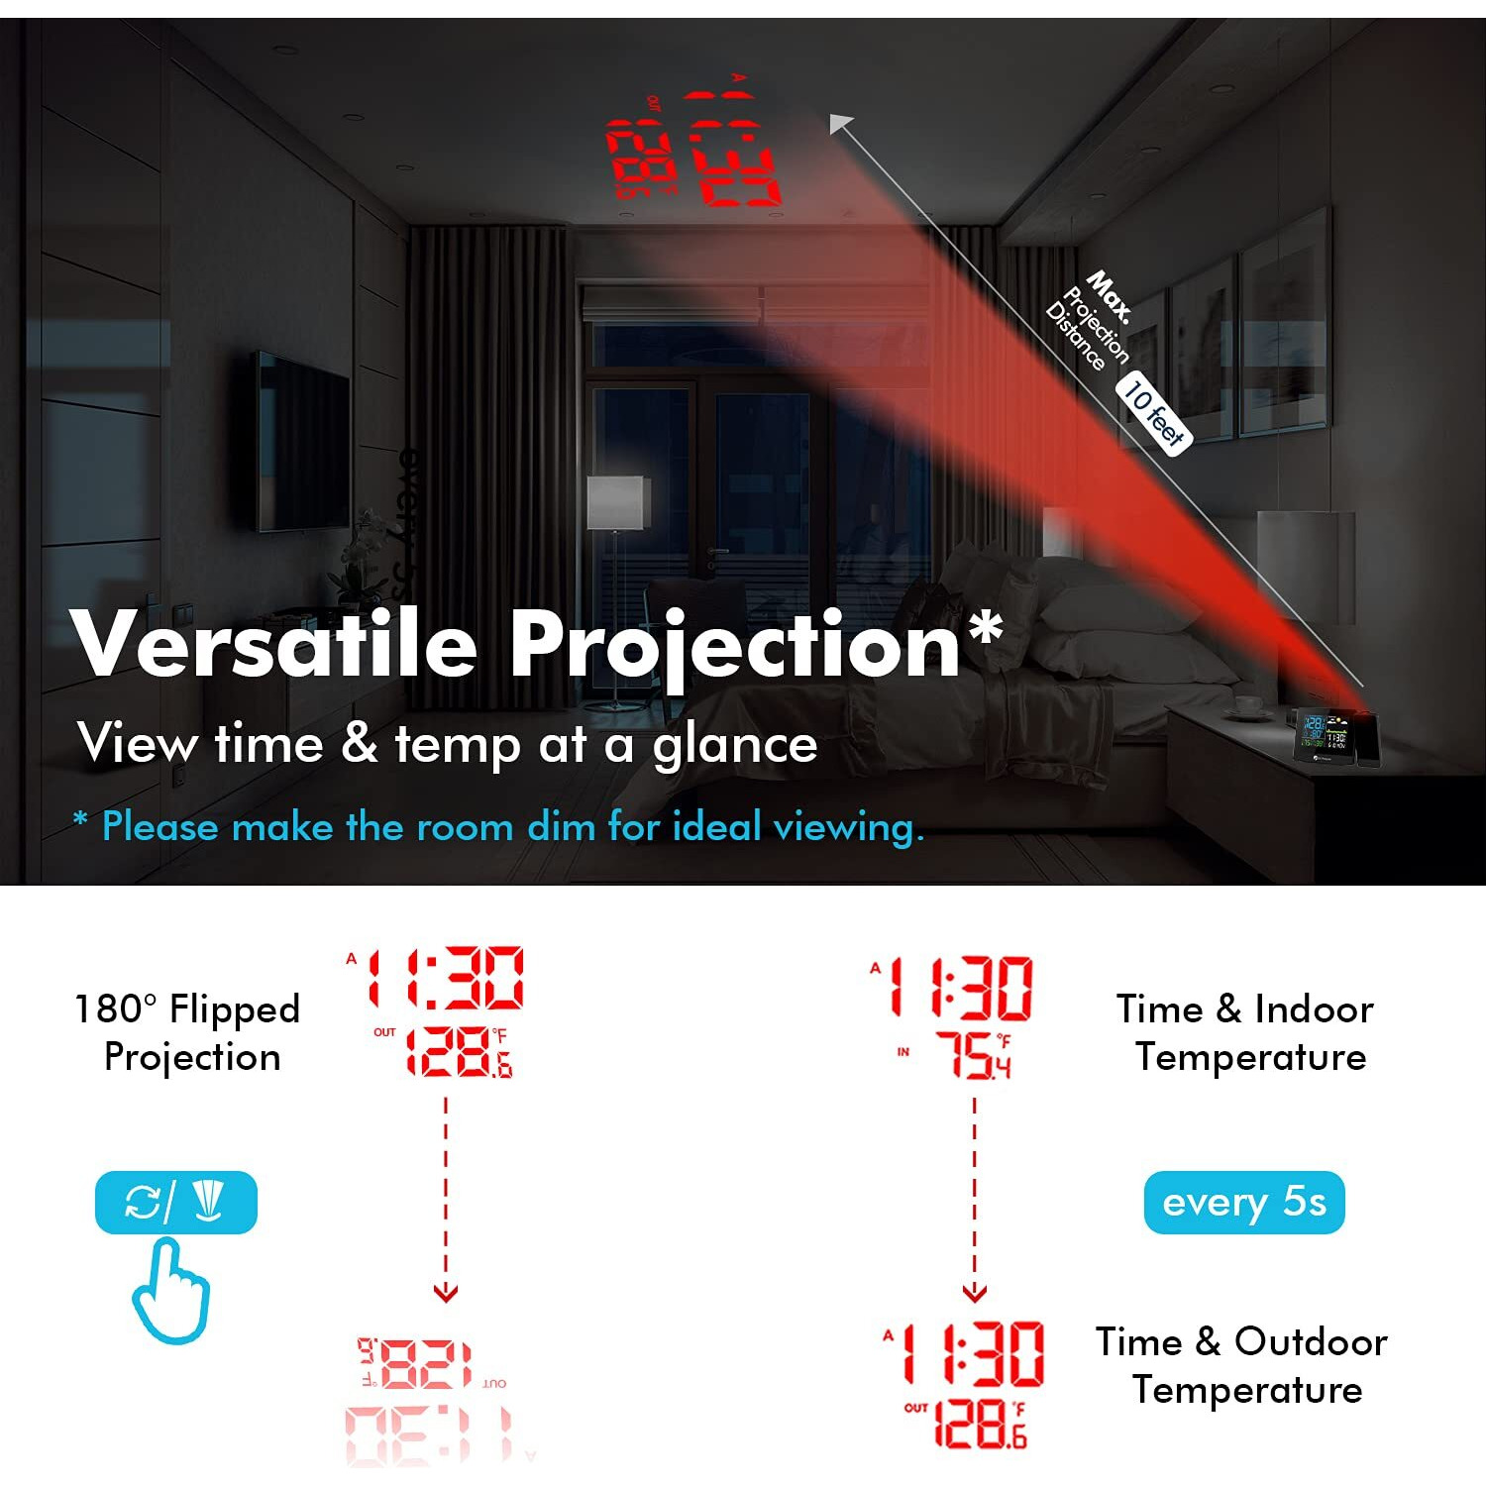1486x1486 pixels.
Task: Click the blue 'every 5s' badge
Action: click(1243, 1203)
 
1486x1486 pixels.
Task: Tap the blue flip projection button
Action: click(176, 1203)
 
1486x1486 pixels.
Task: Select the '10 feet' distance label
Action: click(1154, 413)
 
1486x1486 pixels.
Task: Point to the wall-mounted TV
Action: click(303, 441)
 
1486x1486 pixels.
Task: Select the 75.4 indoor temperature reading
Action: click(974, 1055)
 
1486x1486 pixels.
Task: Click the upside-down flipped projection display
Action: click(436, 1397)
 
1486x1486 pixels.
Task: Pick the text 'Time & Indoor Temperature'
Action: click(1246, 1032)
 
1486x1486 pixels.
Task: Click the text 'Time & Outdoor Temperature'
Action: click(1242, 1365)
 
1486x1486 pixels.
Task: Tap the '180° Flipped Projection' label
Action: click(188, 1032)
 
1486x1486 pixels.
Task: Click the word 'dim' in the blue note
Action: click(561, 826)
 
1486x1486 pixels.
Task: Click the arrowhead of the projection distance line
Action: click(840, 123)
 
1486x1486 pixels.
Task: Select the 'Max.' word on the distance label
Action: click(1110, 294)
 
